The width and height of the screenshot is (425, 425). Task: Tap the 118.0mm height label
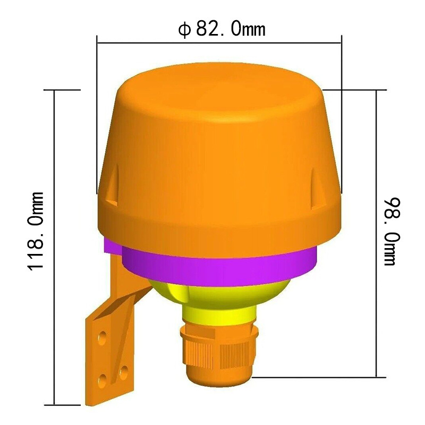tap(36, 231)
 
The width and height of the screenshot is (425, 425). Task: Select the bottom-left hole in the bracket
tap(103, 380)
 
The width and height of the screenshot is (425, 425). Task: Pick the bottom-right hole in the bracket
tap(124, 372)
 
